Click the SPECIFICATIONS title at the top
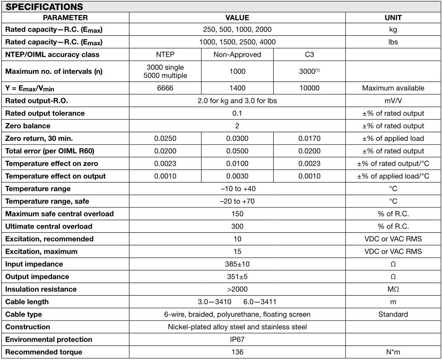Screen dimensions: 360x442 [44, 7]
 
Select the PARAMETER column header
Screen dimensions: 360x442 [65, 18]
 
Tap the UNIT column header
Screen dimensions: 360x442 [393, 18]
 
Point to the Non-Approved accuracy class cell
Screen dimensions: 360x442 [237, 54]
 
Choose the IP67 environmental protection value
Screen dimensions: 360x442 [237, 339]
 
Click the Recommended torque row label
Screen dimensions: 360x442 [43, 352]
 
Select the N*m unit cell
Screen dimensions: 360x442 [393, 352]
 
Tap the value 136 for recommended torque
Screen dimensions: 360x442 [237, 352]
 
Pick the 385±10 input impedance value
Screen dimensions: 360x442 [237, 264]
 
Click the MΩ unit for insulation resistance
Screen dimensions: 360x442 [393, 289]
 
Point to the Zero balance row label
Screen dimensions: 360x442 [28, 126]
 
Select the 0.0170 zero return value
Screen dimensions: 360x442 [309, 139]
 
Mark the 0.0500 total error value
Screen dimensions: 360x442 [237, 151]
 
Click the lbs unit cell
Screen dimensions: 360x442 [393, 42]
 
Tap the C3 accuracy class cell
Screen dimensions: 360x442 [309, 54]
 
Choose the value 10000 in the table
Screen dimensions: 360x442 [309, 88]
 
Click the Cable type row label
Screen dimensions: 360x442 [24, 314]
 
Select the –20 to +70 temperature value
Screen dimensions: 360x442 [237, 201]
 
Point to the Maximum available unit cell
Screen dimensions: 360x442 [393, 88]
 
